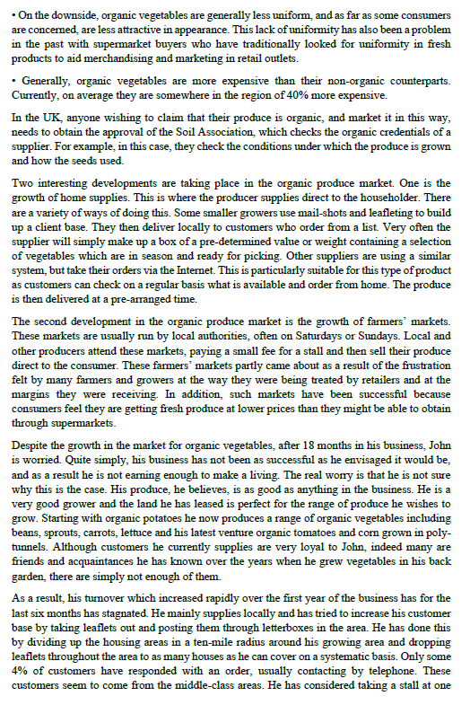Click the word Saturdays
pyautogui.click(x=269, y=335)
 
